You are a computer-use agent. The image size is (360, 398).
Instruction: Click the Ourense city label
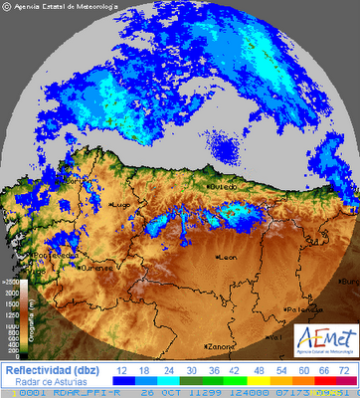(97, 268)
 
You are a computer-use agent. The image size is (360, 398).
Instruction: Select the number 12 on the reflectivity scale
(123, 369)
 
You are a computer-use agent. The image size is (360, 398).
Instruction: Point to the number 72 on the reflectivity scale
(342, 369)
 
